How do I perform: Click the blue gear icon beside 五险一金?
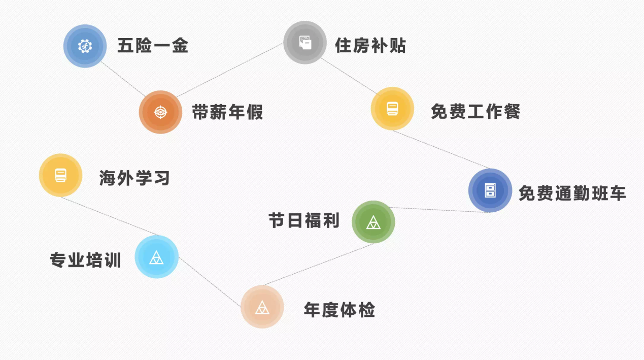[x=85, y=46]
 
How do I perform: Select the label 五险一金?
[x=153, y=46]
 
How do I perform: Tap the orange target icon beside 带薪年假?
[x=160, y=112]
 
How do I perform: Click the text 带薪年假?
[x=227, y=112]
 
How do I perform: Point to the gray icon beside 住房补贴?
[x=304, y=43]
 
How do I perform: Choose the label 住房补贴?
[x=370, y=46]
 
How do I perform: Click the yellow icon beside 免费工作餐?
[x=392, y=109]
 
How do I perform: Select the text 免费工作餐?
[x=476, y=111]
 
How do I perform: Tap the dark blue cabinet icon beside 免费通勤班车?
[x=490, y=190]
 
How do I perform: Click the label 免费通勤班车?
[x=572, y=193]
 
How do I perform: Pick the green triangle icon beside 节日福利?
[x=373, y=222]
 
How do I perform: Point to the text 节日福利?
[x=304, y=221]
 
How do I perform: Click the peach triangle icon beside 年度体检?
[x=262, y=307]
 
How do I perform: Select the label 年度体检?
[x=340, y=309]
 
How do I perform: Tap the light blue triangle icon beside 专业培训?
[x=156, y=257]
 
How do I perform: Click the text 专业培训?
[x=85, y=260]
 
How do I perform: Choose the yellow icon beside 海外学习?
[x=60, y=175]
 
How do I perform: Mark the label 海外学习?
[x=134, y=178]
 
